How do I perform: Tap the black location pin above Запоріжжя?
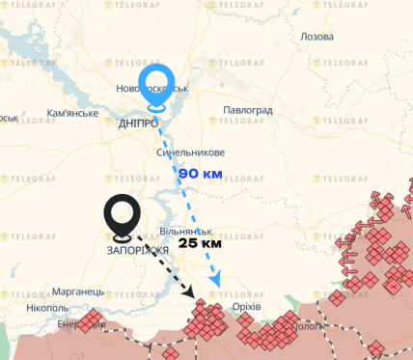(x=123, y=216)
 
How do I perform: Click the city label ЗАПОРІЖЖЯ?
(x=131, y=250)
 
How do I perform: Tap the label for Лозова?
(x=317, y=36)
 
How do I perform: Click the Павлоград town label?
(x=248, y=111)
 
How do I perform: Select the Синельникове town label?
(x=190, y=153)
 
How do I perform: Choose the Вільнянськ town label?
(x=186, y=232)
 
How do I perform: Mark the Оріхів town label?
(x=246, y=306)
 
